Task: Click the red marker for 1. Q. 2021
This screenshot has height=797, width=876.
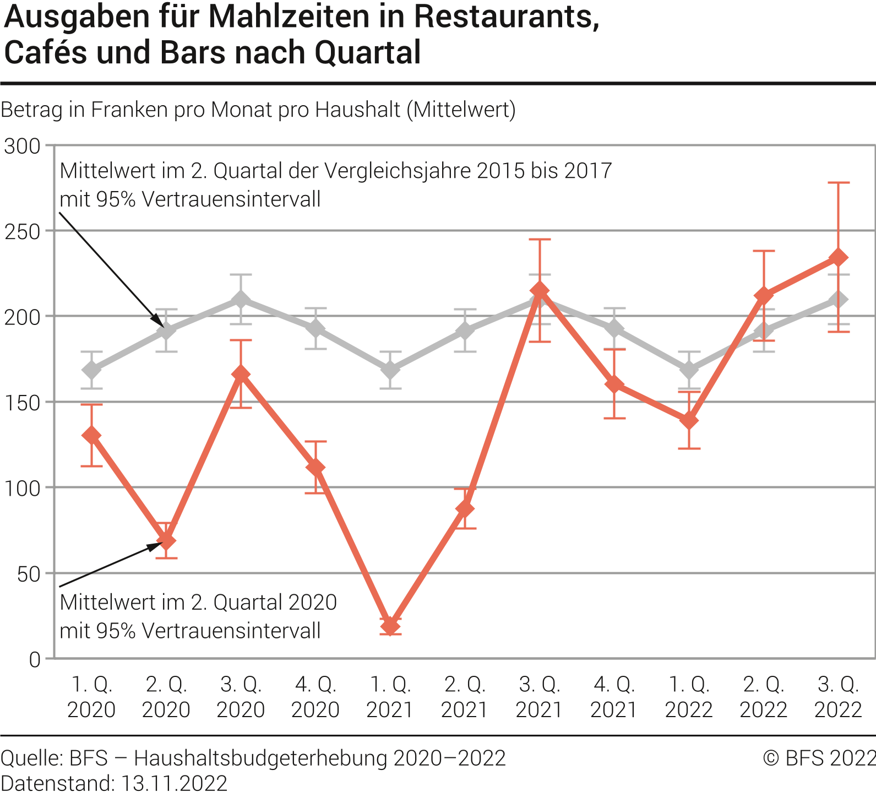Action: pyautogui.click(x=390, y=626)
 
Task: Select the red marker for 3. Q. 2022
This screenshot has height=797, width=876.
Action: pyautogui.click(x=838, y=258)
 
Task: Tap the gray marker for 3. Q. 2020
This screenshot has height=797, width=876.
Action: pyautogui.click(x=241, y=300)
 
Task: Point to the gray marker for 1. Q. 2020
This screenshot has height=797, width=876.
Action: pyautogui.click(x=91, y=370)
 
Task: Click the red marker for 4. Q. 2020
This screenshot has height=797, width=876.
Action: pyautogui.click(x=315, y=468)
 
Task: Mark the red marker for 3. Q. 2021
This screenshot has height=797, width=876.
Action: pyautogui.click(x=540, y=290)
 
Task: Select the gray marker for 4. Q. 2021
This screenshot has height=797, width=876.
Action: pyautogui.click(x=614, y=329)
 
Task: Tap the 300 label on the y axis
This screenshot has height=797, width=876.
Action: pyautogui.click(x=22, y=147)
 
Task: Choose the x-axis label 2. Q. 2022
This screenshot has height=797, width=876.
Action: pyautogui.click(x=763, y=697)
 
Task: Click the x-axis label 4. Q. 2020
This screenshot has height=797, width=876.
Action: pyautogui.click(x=315, y=697)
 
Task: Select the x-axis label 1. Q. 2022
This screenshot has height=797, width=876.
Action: pyautogui.click(x=689, y=697)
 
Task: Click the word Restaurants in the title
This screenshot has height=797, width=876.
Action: pyautogui.click(x=505, y=18)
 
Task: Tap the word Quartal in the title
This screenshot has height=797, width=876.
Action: pyautogui.click(x=368, y=53)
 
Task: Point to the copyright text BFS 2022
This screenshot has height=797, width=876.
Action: pyautogui.click(x=819, y=758)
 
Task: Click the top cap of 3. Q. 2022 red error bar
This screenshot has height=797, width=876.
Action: pyautogui.click(x=838, y=182)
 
